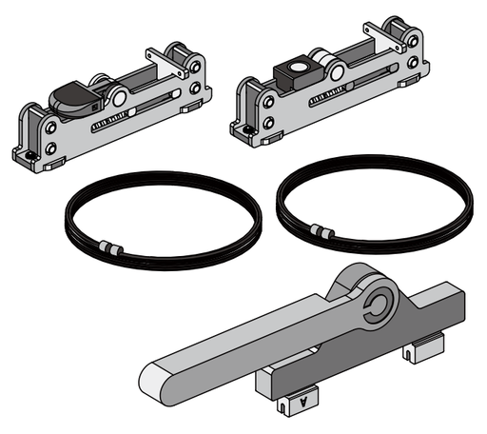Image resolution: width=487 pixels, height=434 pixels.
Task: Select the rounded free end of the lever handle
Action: click(157, 380)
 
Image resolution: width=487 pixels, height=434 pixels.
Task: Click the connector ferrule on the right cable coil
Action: click(323, 231)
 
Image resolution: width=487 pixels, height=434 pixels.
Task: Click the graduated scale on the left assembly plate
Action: click(109, 124)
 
